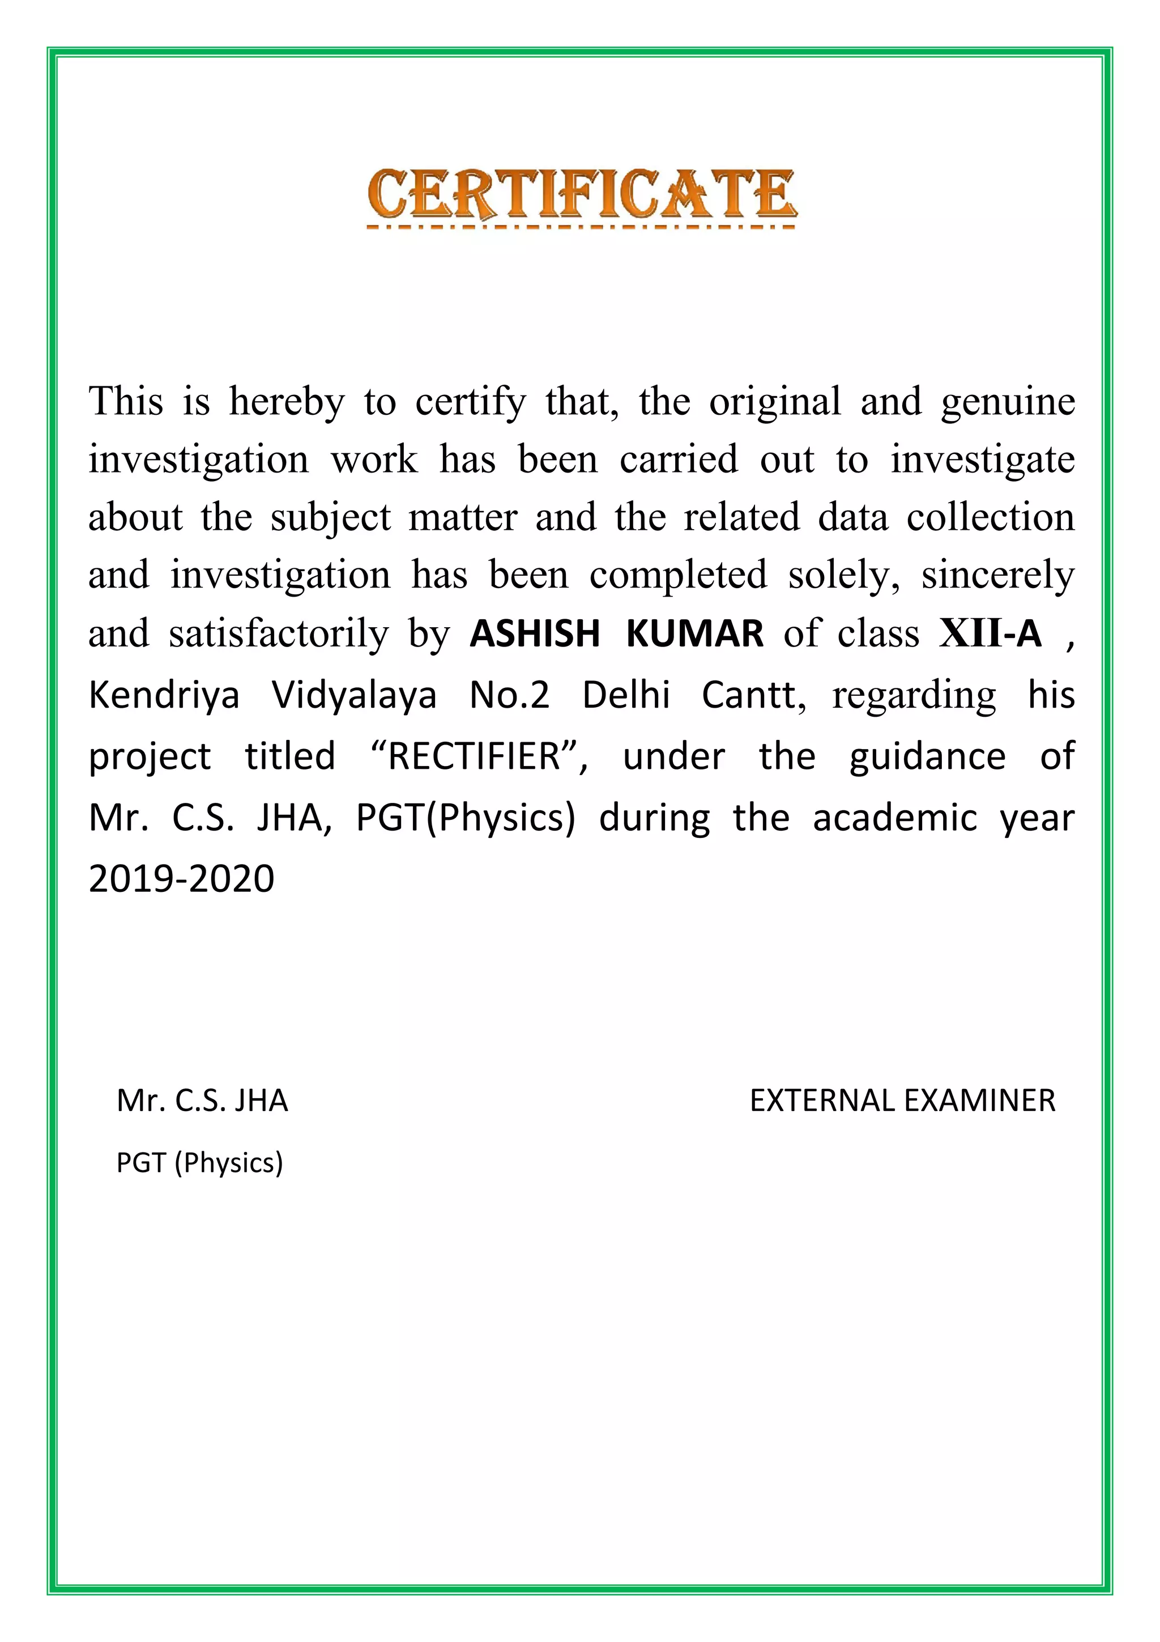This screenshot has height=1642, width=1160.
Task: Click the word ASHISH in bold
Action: (x=534, y=633)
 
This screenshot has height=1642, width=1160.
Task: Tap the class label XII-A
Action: (x=990, y=633)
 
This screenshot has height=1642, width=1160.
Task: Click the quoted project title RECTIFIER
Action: (x=475, y=756)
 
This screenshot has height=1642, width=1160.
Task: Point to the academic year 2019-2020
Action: (x=182, y=879)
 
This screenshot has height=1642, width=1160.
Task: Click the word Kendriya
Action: (x=164, y=695)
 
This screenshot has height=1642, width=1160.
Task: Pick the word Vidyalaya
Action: (x=354, y=695)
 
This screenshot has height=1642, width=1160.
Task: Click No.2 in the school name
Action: (x=509, y=695)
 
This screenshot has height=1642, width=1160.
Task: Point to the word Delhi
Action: (x=626, y=695)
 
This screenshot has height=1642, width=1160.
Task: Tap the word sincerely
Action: (x=997, y=575)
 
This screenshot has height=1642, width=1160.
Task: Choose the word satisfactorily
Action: (x=279, y=633)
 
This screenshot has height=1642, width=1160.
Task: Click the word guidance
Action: (x=927, y=756)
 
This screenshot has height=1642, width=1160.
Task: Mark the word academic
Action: (x=895, y=818)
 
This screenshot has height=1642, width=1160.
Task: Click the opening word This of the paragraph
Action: (x=126, y=401)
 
